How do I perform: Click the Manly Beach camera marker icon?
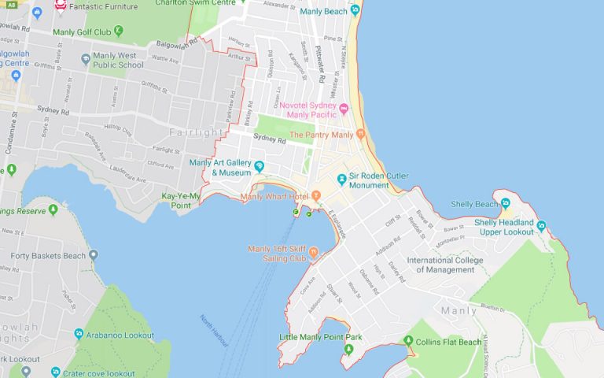355,11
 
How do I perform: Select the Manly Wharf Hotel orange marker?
316,195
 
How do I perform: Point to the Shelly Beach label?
474,204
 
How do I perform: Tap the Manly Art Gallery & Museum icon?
259,165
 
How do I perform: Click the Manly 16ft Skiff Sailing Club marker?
313,253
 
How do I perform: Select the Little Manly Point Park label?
321,337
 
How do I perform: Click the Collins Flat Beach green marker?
408,340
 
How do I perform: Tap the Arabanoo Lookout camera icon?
79,334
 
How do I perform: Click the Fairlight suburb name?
190,132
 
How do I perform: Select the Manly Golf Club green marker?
118,31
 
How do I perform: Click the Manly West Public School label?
114,61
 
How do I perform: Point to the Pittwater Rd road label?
320,63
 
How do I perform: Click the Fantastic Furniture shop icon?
61,6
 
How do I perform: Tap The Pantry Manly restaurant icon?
361,135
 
